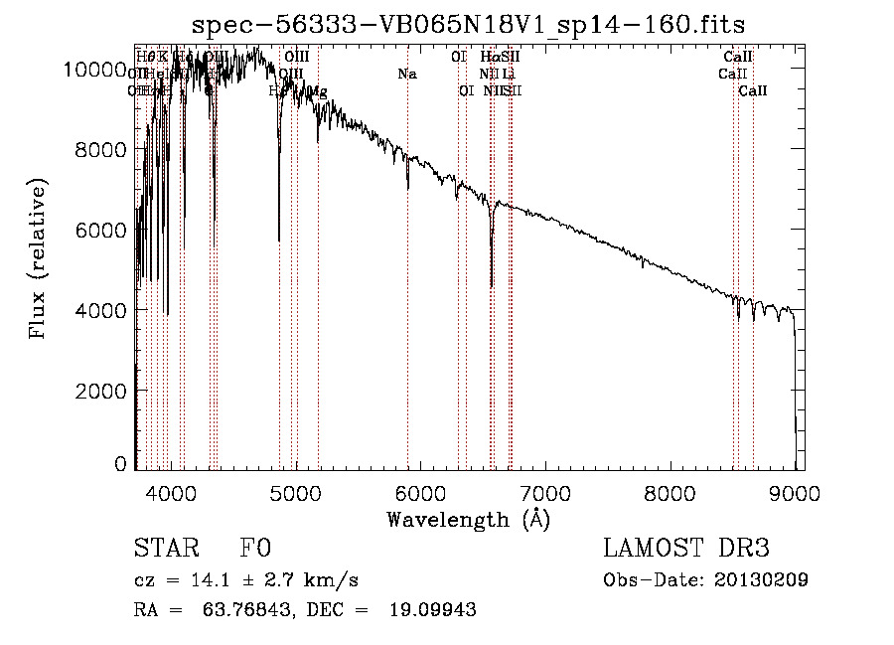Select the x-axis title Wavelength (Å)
tap(468, 519)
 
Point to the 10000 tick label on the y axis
tap(94, 69)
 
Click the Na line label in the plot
tap(406, 74)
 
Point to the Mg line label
tap(317, 91)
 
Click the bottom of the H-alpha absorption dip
tap(492, 286)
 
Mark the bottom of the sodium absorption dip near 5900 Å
tap(407, 188)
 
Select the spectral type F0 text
tap(255, 549)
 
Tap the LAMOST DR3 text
tap(686, 549)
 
